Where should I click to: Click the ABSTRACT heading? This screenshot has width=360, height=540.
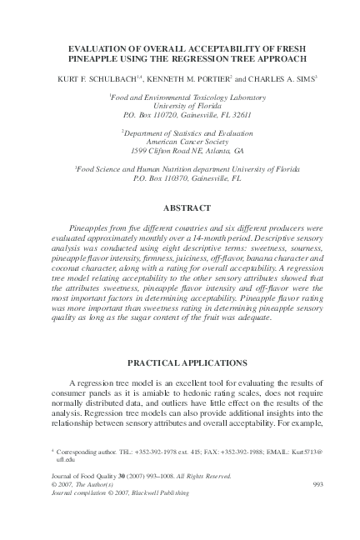pyautogui.click(x=179, y=206)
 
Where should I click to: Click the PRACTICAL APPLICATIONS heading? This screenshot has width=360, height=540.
pyautogui.click(x=179, y=362)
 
